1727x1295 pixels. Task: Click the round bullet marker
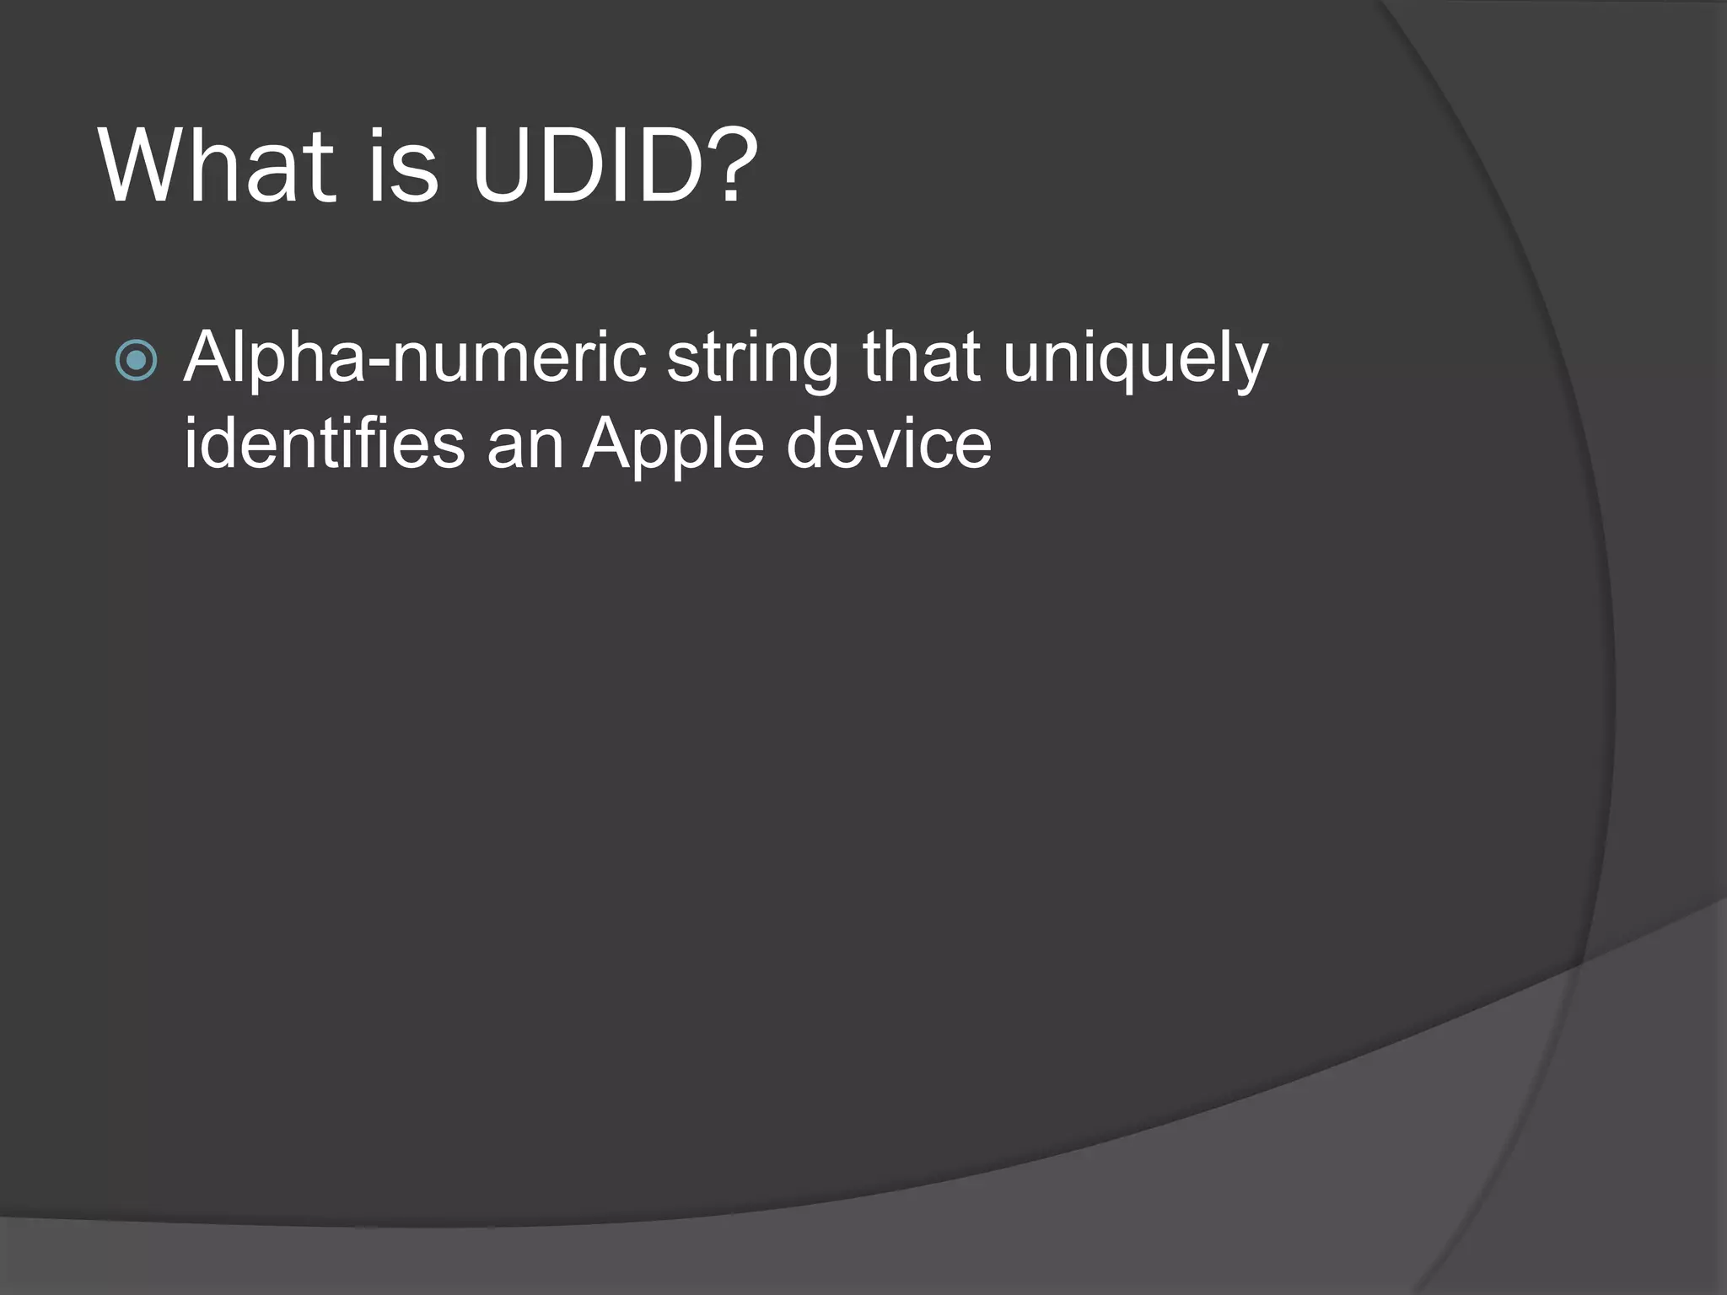tap(136, 361)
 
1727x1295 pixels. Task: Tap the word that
tap(921, 358)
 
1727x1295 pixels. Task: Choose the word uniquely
tap(1135, 363)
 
